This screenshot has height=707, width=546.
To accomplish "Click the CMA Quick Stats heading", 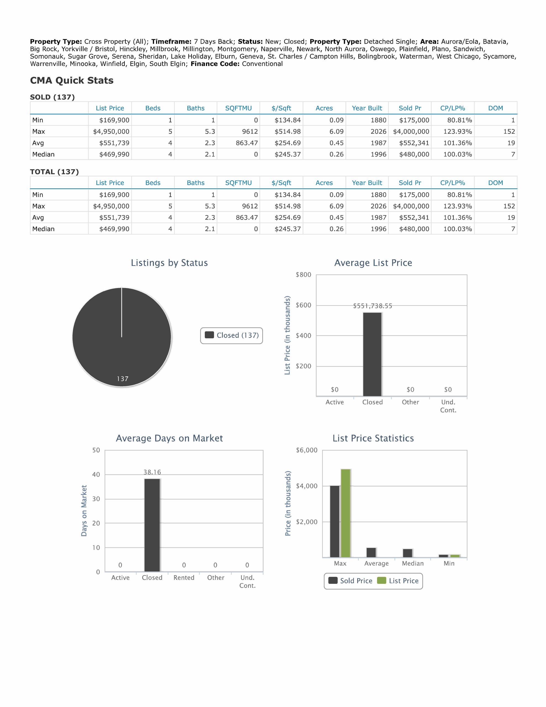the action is pyautogui.click(x=71, y=80).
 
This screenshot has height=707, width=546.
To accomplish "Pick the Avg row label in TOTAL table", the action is pyautogui.click(x=38, y=218).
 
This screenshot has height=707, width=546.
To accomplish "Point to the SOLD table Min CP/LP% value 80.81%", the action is pyautogui.click(x=459, y=120).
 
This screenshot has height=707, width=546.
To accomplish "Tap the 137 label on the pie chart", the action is pyautogui.click(x=123, y=379).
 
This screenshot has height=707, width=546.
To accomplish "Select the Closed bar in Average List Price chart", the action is pyautogui.click(x=372, y=354).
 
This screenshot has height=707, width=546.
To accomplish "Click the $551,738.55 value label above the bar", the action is pyautogui.click(x=373, y=306).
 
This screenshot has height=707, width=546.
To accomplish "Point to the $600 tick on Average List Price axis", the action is pyautogui.click(x=303, y=305).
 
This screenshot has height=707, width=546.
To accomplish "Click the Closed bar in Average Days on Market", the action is pyautogui.click(x=152, y=525).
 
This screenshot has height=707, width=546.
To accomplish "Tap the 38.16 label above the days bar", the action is pyautogui.click(x=152, y=472).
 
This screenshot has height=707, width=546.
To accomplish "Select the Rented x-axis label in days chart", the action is pyautogui.click(x=184, y=577).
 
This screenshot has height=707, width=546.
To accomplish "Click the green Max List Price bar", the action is pyautogui.click(x=346, y=513).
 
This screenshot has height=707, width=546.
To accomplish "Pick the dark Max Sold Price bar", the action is pyautogui.click(x=335, y=521).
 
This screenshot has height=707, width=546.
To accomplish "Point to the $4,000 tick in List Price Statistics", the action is pyautogui.click(x=306, y=486).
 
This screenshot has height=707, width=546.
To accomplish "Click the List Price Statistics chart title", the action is pyautogui.click(x=373, y=438).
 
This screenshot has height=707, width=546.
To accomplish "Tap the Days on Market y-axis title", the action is pyautogui.click(x=84, y=511).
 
